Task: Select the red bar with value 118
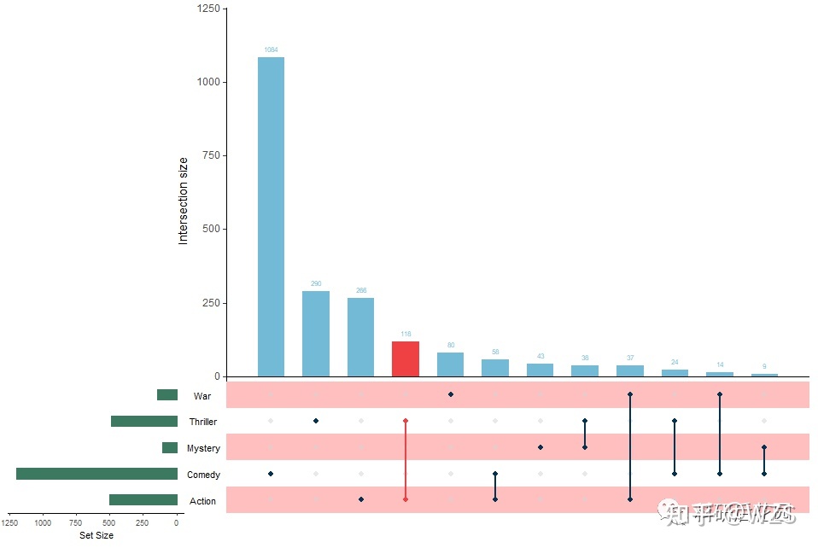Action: tap(406, 359)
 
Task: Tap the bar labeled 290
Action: tap(316, 334)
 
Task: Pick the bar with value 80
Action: tap(450, 364)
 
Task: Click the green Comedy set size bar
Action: tap(96, 474)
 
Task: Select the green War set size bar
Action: tap(167, 395)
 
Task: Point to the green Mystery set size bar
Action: tap(170, 448)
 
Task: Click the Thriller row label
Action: tap(203, 422)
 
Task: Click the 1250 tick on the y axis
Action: tap(207, 9)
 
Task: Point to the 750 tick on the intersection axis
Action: tap(207, 155)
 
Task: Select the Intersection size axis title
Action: tap(183, 201)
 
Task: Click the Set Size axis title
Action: tap(96, 536)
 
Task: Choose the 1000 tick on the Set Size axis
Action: tap(44, 523)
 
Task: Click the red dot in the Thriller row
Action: tap(406, 421)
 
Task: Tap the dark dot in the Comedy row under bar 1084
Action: tap(271, 474)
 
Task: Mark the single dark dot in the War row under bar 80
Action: tap(450, 394)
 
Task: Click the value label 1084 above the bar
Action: tap(271, 50)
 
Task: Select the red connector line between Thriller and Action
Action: tap(406, 461)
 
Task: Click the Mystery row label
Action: tap(203, 448)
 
